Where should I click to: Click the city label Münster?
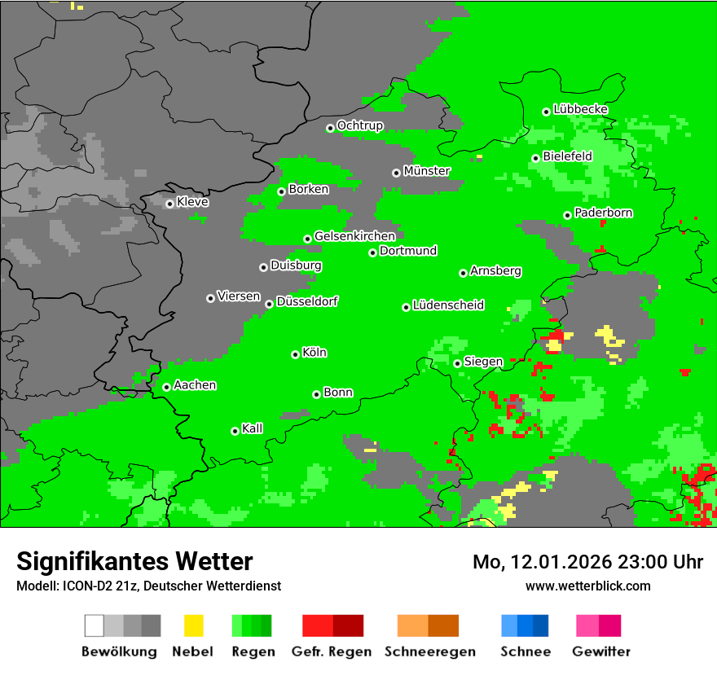[x=427, y=171]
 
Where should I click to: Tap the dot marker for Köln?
[x=295, y=354]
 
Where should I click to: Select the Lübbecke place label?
[x=580, y=109]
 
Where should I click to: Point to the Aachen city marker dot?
[x=166, y=387]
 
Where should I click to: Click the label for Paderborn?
[x=603, y=213]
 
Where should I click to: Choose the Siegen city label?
[x=483, y=362]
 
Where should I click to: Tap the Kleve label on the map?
[x=192, y=202]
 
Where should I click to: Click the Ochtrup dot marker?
[x=330, y=128]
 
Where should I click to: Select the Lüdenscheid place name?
[x=448, y=305]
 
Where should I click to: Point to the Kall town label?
[x=253, y=428]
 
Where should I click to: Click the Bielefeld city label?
[x=567, y=156]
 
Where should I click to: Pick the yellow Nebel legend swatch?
[x=193, y=626]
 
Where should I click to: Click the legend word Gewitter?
[x=600, y=652]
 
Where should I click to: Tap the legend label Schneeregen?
[x=429, y=652]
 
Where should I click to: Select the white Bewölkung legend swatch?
[x=95, y=626]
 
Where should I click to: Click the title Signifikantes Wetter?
[x=134, y=561]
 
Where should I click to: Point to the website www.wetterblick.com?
[x=587, y=586]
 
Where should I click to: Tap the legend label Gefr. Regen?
[x=332, y=652]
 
